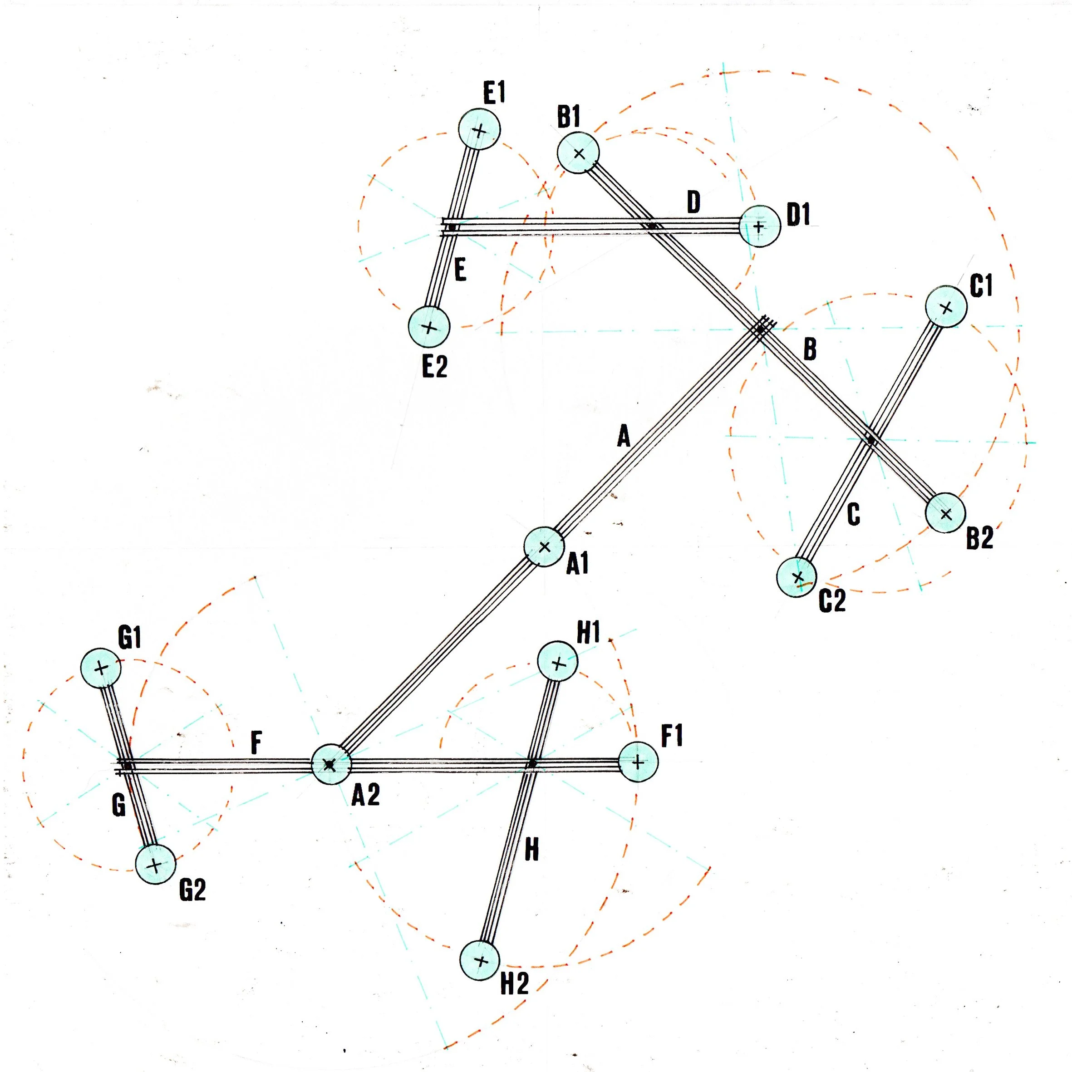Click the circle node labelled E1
479,129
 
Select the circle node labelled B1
578,152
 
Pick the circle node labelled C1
946,306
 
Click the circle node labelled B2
945,513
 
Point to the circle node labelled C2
797,577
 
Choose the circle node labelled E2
429,327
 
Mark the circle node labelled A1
544,546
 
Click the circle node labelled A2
331,764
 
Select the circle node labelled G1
101,668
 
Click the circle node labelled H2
481,960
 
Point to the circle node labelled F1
638,762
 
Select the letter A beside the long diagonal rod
624,436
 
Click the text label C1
981,286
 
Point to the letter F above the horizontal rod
256,743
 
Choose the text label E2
434,367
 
